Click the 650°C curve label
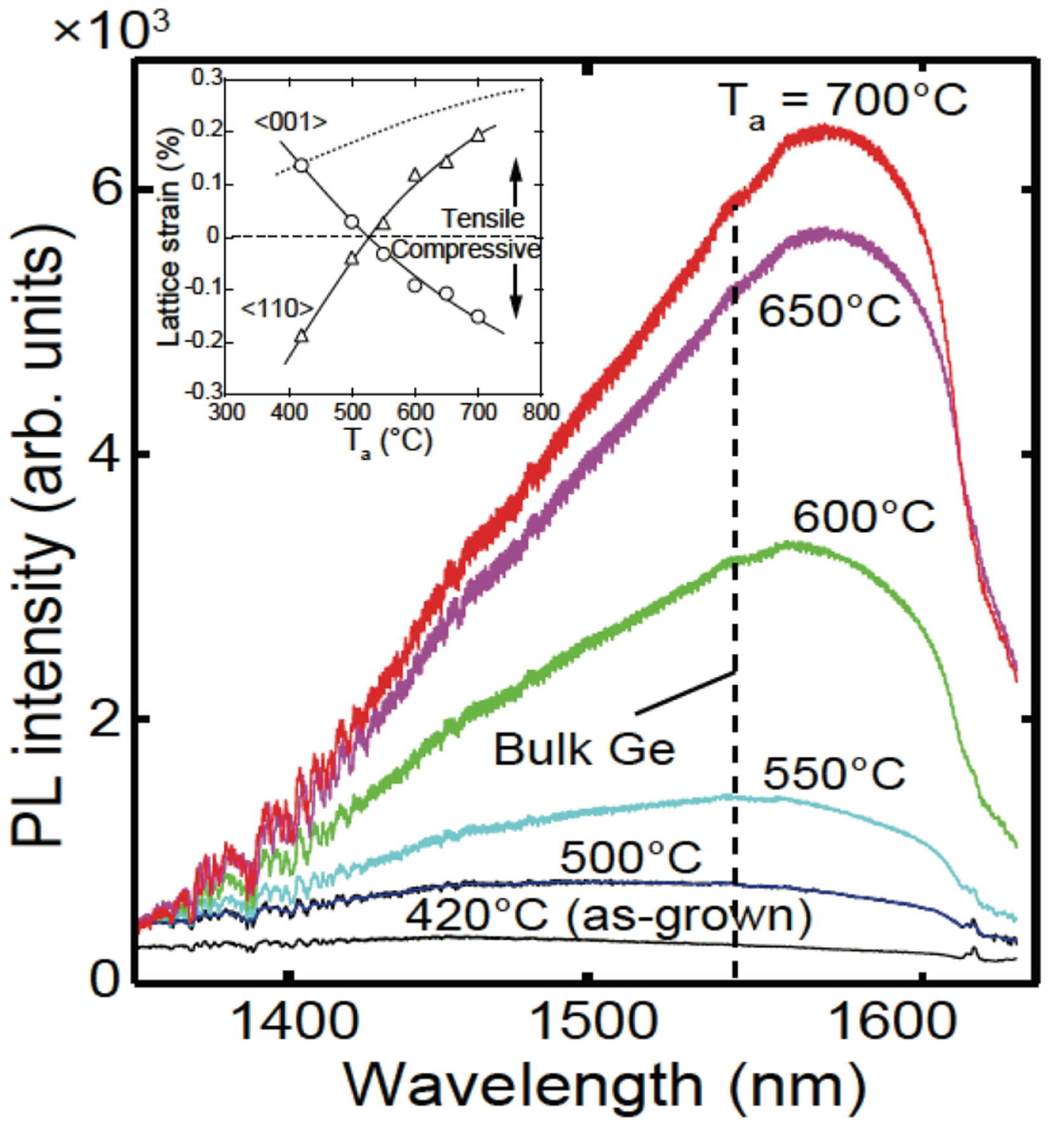point(829,311)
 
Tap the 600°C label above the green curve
point(863,516)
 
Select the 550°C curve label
point(833,773)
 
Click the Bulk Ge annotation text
point(584,749)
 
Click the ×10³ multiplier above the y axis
point(111,32)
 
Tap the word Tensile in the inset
point(483,219)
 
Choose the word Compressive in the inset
point(466,249)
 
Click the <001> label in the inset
point(290,122)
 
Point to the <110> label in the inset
point(277,309)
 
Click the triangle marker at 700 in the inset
point(478,134)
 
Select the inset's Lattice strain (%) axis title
point(170,237)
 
